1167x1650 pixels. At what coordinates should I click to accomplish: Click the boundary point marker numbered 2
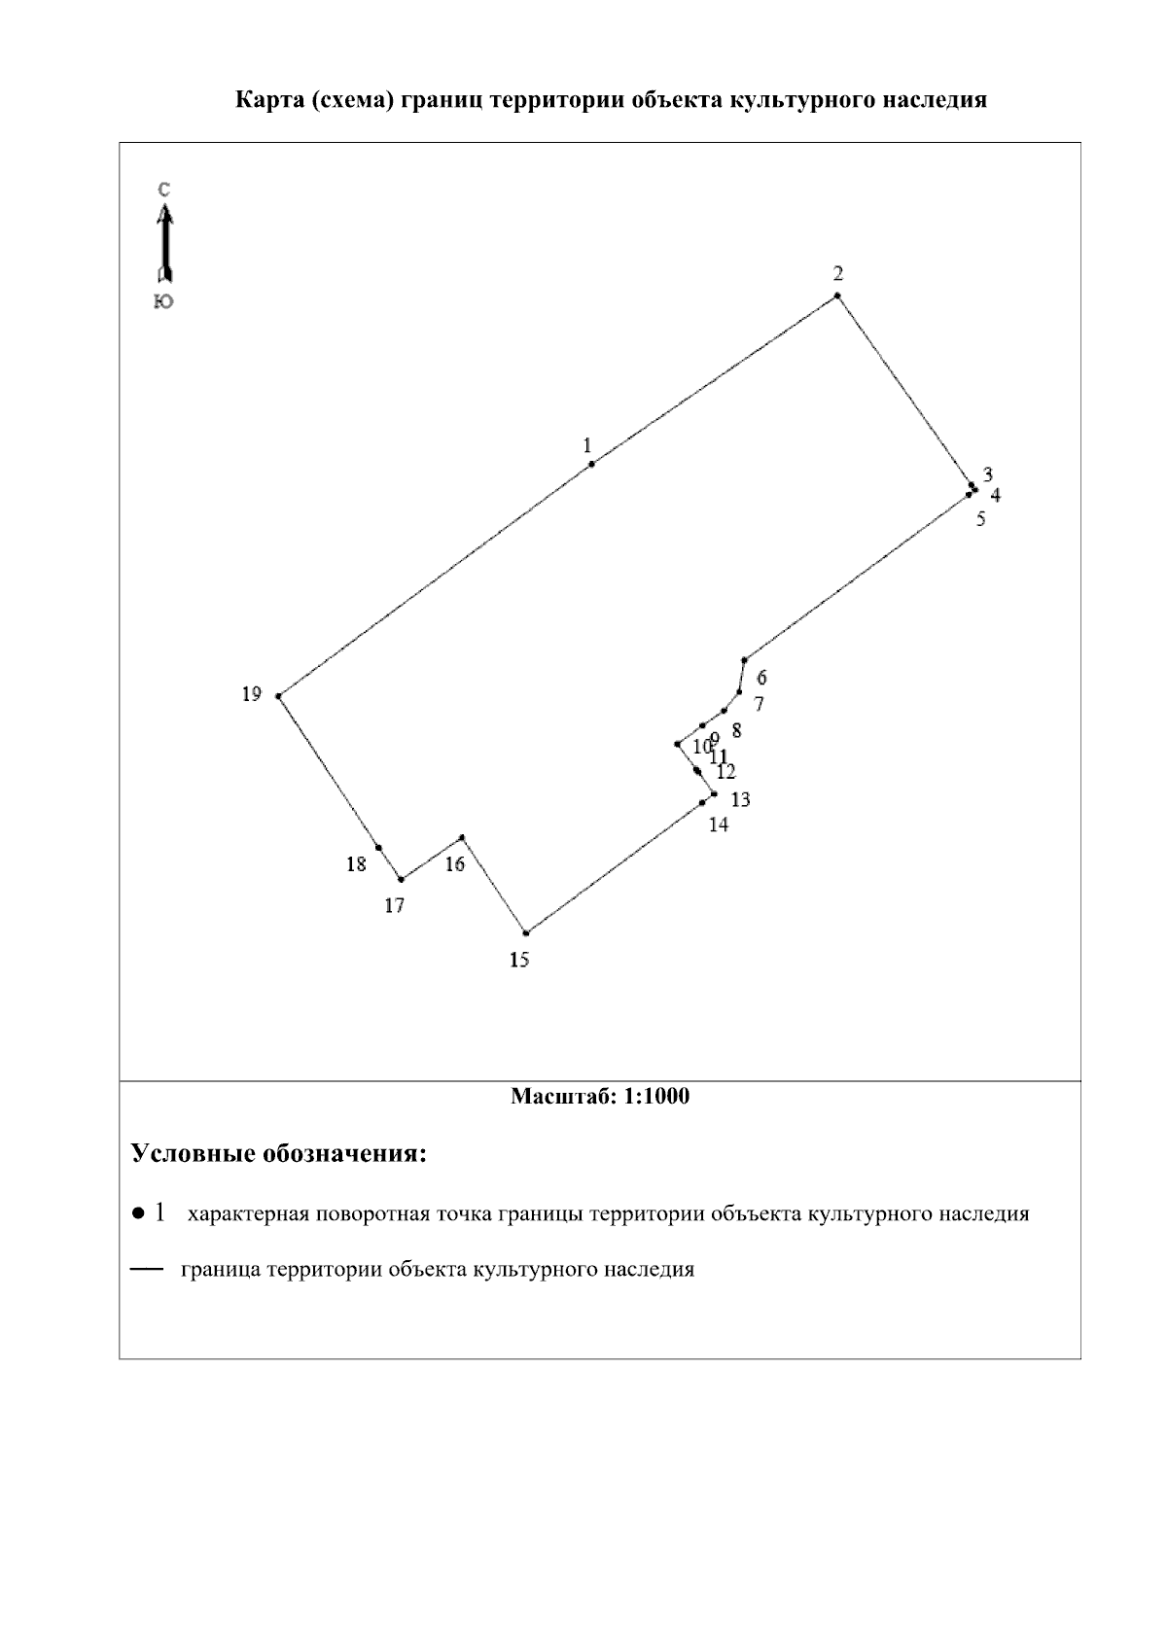[836, 296]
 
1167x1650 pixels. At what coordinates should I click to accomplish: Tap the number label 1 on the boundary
[587, 445]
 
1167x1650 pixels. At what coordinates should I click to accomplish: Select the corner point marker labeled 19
[279, 696]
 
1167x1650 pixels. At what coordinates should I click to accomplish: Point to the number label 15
[519, 961]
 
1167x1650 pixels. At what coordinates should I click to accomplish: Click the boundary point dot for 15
[526, 932]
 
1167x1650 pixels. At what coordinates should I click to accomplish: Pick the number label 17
[394, 906]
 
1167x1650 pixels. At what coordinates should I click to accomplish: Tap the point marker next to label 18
[378, 848]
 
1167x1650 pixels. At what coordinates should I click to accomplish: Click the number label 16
[455, 864]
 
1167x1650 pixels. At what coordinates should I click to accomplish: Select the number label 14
[719, 825]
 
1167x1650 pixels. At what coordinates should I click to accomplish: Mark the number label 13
[740, 800]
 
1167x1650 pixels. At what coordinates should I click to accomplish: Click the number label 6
[761, 678]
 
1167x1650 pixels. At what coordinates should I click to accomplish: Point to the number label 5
[980, 519]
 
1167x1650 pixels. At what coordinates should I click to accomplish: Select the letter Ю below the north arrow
[164, 302]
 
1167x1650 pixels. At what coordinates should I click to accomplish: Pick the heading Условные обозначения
[279, 1155]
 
